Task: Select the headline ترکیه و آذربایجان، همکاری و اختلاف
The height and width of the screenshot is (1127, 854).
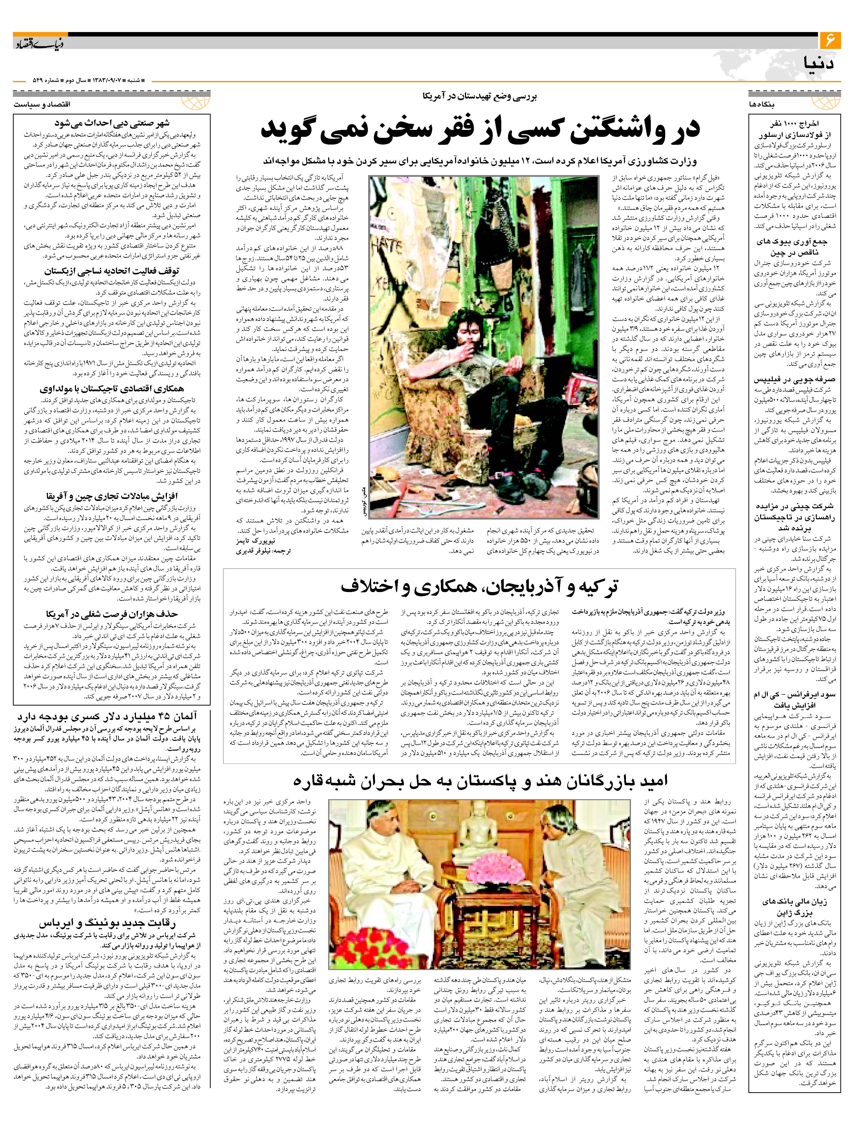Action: coord(479,587)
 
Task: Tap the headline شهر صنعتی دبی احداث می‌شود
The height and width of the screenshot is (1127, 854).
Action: coord(112,123)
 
